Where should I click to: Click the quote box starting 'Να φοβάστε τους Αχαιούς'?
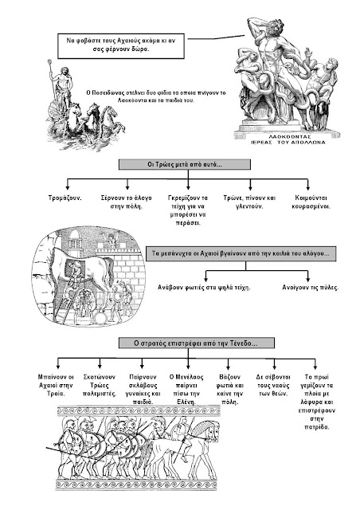pos(121,45)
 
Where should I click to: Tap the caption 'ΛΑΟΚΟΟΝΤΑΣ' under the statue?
pos(290,137)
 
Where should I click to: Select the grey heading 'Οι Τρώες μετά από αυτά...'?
pos(185,164)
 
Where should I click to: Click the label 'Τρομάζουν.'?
pos(65,198)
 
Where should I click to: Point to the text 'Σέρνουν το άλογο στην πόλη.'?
pos(126,202)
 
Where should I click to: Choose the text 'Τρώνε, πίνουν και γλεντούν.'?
pos(249,202)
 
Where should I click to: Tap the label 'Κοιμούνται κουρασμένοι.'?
pos(311,202)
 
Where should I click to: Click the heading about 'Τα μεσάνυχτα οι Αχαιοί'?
pos(241,253)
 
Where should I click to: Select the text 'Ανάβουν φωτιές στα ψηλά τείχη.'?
pos(204,288)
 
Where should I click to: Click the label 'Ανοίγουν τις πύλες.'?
pos(311,288)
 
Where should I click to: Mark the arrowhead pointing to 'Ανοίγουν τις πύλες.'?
pos(307,279)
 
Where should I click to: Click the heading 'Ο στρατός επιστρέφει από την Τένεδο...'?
pos(197,343)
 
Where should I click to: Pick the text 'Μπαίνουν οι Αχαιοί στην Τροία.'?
pos(56,385)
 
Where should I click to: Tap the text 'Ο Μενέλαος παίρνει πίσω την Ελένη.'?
pos(186,390)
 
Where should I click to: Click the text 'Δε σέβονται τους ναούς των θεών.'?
pos(273,385)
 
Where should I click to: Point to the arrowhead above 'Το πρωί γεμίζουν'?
pos(315,367)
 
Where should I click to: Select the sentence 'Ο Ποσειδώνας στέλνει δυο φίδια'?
pos(156,96)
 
